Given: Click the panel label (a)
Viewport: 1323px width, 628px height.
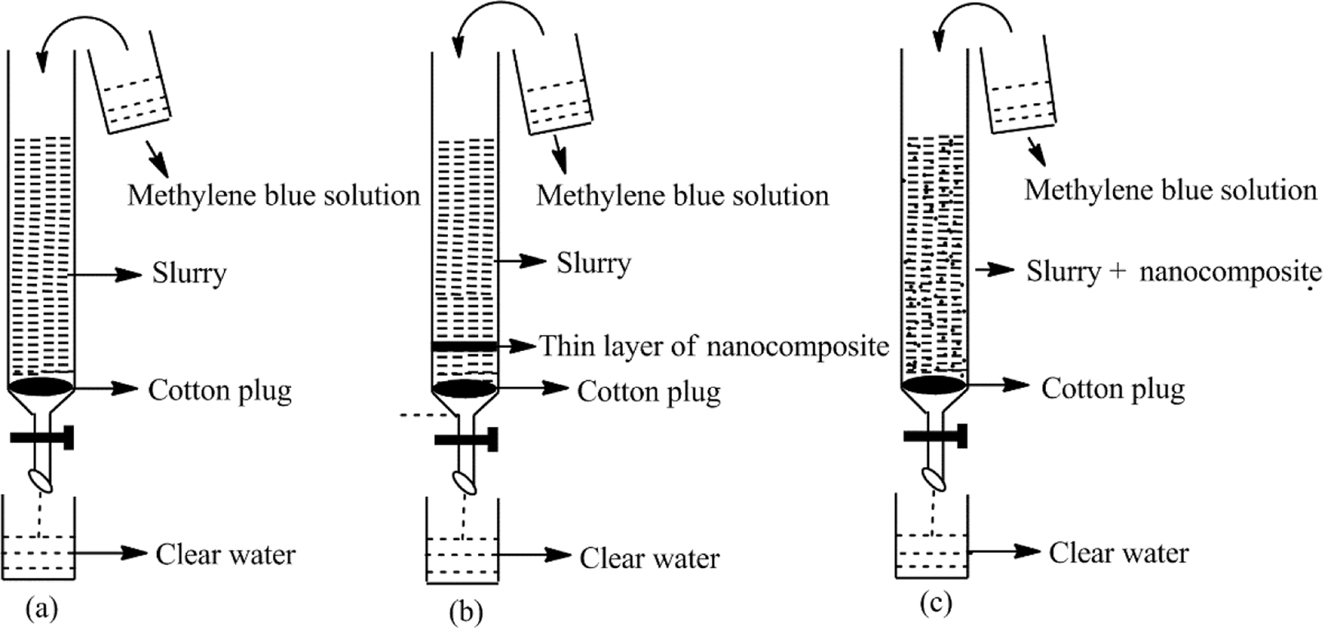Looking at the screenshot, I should pyautogui.click(x=42, y=609).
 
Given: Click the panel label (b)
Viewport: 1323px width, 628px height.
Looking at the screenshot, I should pyautogui.click(x=466, y=612).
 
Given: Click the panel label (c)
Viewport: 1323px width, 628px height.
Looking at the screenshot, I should pyautogui.click(x=936, y=603).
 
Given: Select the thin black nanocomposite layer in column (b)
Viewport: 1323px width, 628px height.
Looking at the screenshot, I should pyautogui.click(x=464, y=347).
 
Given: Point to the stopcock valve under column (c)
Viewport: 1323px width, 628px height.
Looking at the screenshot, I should pyautogui.click(x=936, y=436).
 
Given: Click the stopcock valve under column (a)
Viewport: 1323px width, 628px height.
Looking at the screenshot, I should pyautogui.click(x=42, y=438).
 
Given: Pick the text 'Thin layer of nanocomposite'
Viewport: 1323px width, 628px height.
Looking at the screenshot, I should pyautogui.click(x=713, y=346).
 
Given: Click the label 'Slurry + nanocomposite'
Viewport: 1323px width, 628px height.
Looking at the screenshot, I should pyautogui.click(x=1173, y=272).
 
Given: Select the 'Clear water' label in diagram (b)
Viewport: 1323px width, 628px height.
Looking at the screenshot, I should pyautogui.click(x=649, y=558).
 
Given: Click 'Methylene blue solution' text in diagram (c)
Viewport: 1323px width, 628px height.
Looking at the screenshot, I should pyautogui.click(x=1170, y=190).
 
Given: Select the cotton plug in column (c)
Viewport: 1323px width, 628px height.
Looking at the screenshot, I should pyautogui.click(x=934, y=383).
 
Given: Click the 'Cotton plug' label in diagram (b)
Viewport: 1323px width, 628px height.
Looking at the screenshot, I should pyautogui.click(x=649, y=392).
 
